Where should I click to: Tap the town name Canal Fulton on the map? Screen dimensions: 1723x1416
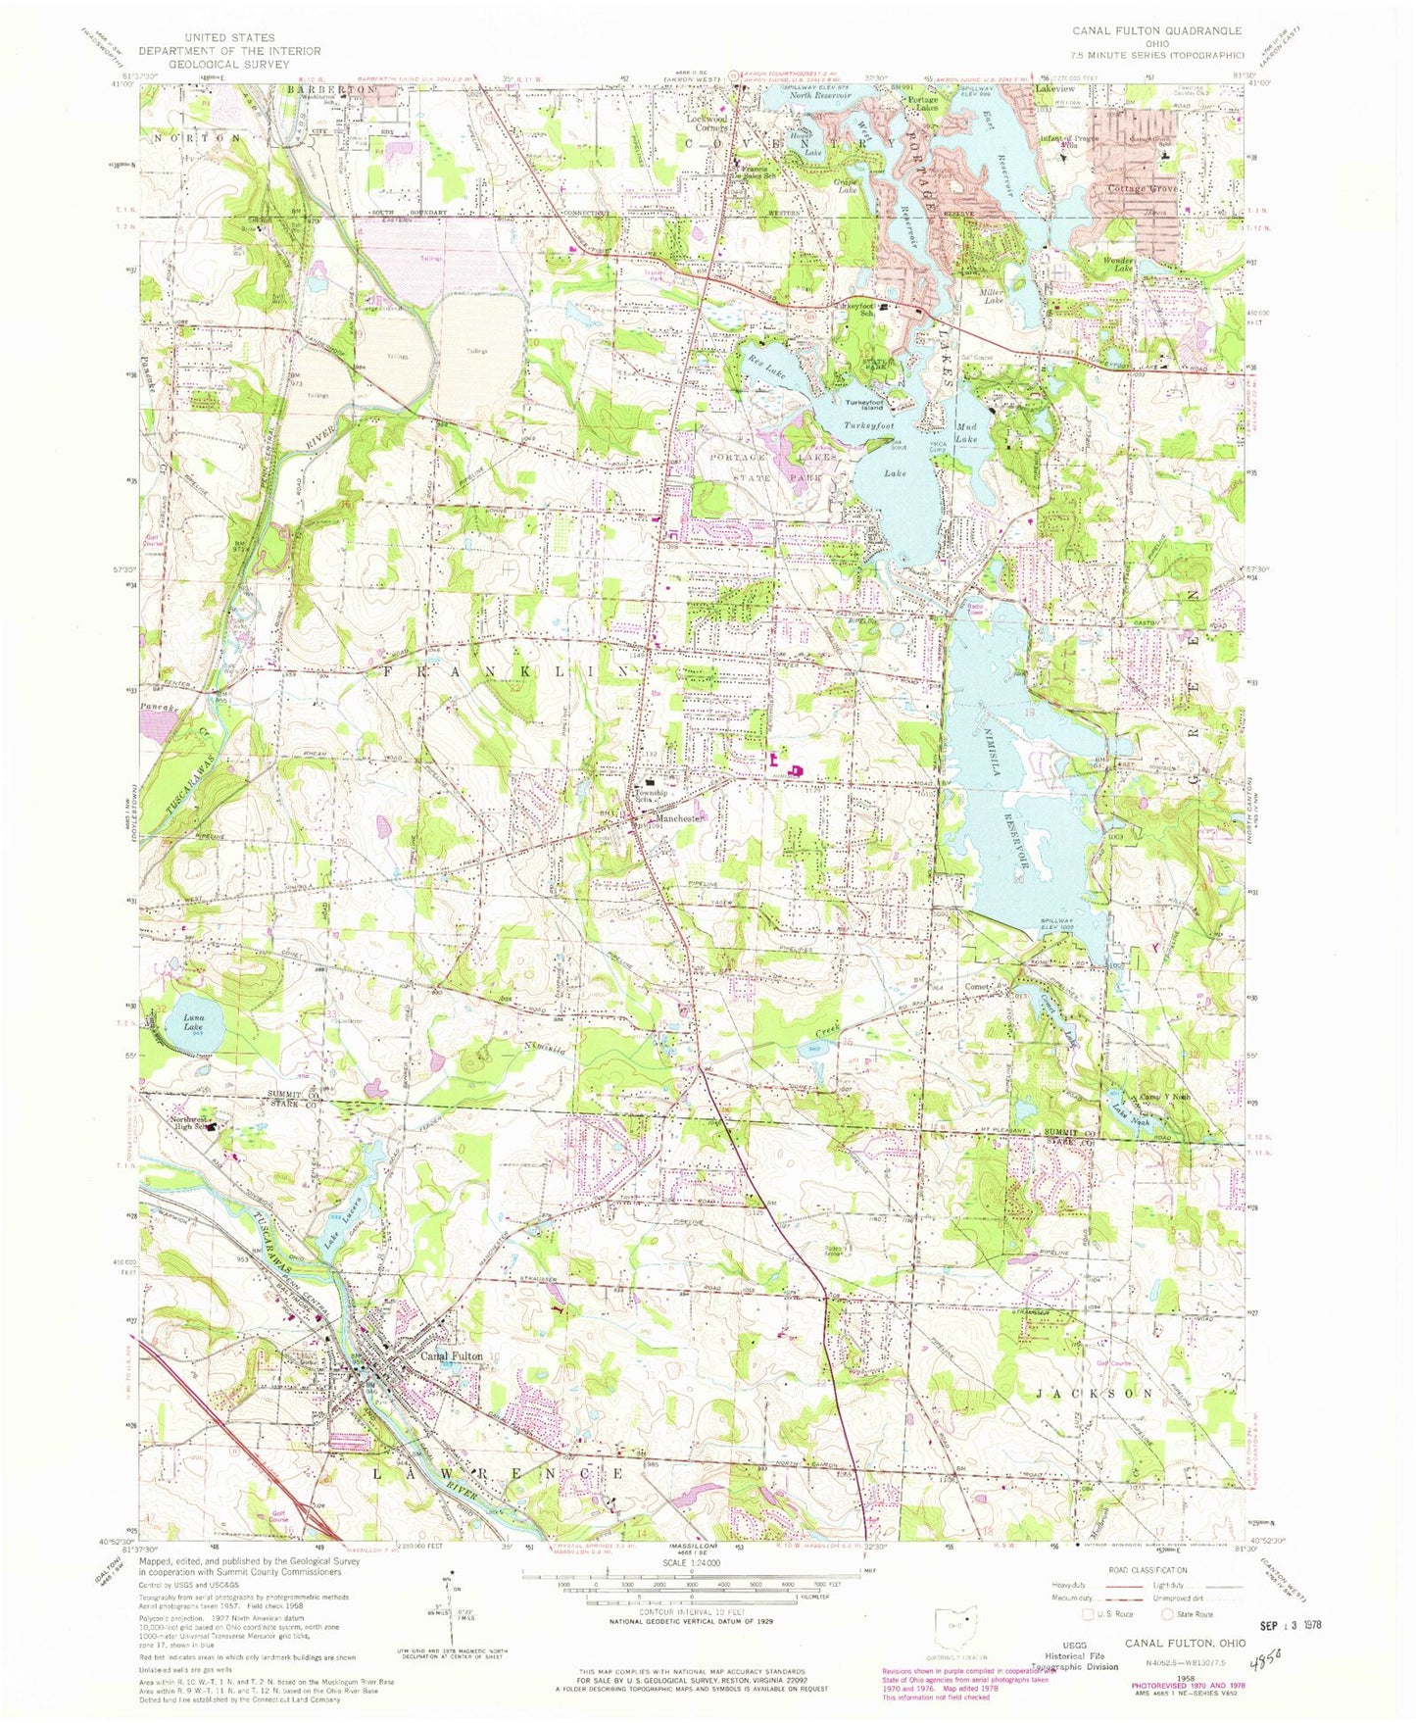(x=452, y=1356)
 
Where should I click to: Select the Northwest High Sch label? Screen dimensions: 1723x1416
(x=190, y=1123)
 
